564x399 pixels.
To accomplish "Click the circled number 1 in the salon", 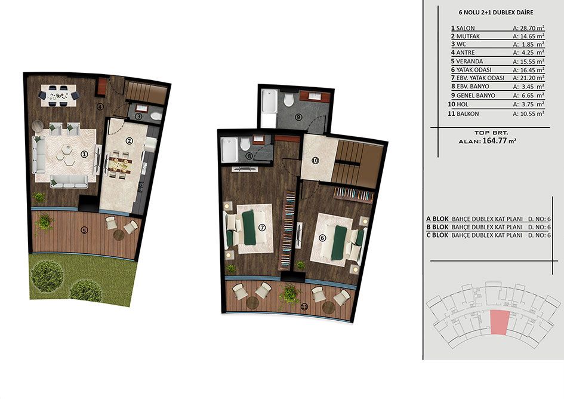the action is pyautogui.click(x=84, y=155).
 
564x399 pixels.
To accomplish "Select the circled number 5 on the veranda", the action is pyautogui.click(x=84, y=231).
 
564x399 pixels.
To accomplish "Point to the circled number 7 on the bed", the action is pyautogui.click(x=261, y=228).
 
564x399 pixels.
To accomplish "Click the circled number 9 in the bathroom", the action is pyautogui.click(x=298, y=116).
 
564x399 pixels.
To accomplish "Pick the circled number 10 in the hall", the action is pyautogui.click(x=315, y=161).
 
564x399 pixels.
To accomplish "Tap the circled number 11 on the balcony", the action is pyautogui.click(x=304, y=307).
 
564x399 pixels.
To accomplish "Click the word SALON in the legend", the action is pyautogui.click(x=466, y=28).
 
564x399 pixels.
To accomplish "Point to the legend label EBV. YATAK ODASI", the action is pyautogui.click(x=480, y=78).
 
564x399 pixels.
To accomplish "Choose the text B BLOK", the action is pyautogui.click(x=437, y=227).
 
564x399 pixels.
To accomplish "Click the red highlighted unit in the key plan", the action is pyautogui.click(x=500, y=321).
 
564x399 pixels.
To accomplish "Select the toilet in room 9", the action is pyautogui.click(x=289, y=100).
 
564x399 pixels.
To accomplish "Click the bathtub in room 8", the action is pyautogui.click(x=229, y=150).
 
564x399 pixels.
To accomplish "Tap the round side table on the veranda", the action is pyautogui.click(x=119, y=235).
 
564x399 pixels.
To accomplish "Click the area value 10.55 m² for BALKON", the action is pyautogui.click(x=528, y=113).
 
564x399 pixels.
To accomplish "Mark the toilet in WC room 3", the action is pyautogui.click(x=156, y=116).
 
